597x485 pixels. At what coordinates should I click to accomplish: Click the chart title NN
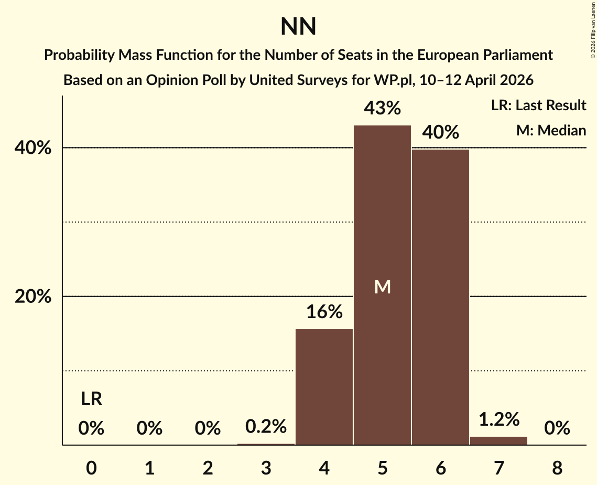coord(298,27)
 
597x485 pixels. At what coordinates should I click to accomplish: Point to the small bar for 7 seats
coord(498,440)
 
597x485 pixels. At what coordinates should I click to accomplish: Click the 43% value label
coord(382,109)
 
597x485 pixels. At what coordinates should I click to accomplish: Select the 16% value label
coord(324,312)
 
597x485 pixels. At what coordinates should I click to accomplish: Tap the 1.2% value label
coord(498,419)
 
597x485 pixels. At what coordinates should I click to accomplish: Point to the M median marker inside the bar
coord(383,287)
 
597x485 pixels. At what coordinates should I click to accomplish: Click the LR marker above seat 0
coord(91,399)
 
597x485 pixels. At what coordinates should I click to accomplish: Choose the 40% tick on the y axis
coord(33,149)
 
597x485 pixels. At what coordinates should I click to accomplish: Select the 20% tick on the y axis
coord(33,297)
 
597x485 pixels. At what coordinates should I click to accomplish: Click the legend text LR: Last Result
coord(538,106)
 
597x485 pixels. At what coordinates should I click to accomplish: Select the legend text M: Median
coord(551,130)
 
